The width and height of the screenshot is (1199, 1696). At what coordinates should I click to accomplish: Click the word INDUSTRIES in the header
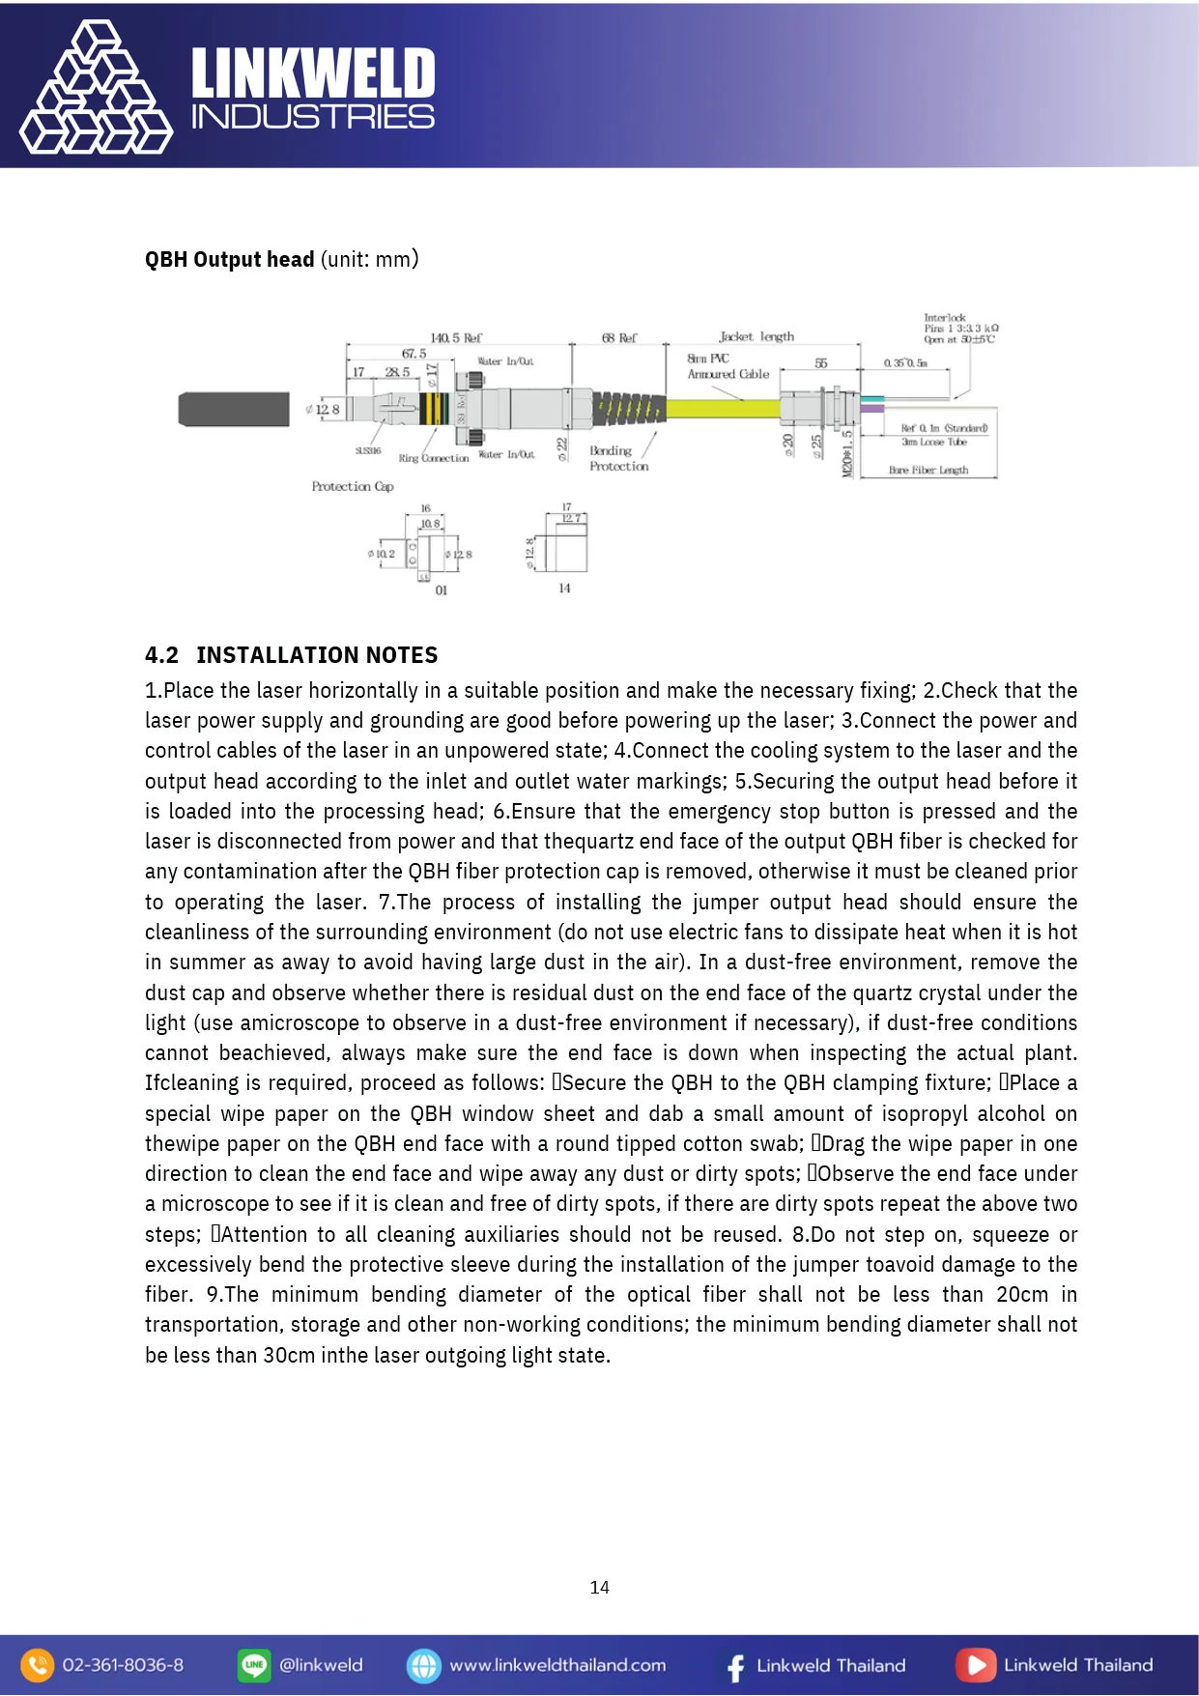click(x=313, y=118)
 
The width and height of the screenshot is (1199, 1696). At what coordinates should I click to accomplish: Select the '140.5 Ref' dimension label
click(x=456, y=338)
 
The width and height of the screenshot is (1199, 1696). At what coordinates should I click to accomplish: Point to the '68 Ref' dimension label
click(x=619, y=338)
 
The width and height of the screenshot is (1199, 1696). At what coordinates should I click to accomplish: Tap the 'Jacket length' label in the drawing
click(x=757, y=336)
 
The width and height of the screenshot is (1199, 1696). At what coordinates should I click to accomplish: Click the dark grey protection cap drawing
click(x=234, y=409)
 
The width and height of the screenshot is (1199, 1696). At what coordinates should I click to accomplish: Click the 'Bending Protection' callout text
click(x=618, y=458)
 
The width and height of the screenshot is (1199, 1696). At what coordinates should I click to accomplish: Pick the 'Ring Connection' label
click(x=433, y=458)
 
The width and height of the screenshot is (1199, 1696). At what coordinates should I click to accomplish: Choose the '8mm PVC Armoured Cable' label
click(x=728, y=366)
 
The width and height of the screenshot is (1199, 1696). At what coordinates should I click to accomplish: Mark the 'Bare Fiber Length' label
click(x=928, y=471)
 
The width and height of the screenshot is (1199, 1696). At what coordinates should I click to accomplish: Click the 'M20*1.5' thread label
click(x=847, y=452)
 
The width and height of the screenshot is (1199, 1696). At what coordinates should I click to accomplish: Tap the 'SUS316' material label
click(x=368, y=450)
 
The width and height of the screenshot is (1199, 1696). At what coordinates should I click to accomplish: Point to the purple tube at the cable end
click(x=871, y=409)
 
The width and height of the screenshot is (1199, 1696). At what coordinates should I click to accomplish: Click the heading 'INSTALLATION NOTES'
click(x=317, y=655)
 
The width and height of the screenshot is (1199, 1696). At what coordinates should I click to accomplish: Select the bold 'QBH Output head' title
click(x=230, y=259)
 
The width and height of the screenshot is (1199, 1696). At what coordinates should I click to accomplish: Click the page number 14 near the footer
click(x=599, y=1587)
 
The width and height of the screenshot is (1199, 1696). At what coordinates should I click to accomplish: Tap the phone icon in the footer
click(x=37, y=1665)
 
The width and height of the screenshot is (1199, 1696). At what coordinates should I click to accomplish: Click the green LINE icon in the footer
click(x=254, y=1665)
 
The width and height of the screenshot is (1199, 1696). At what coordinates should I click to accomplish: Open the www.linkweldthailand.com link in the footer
click(x=557, y=1665)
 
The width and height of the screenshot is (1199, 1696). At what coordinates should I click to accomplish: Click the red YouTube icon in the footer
click(x=975, y=1665)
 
